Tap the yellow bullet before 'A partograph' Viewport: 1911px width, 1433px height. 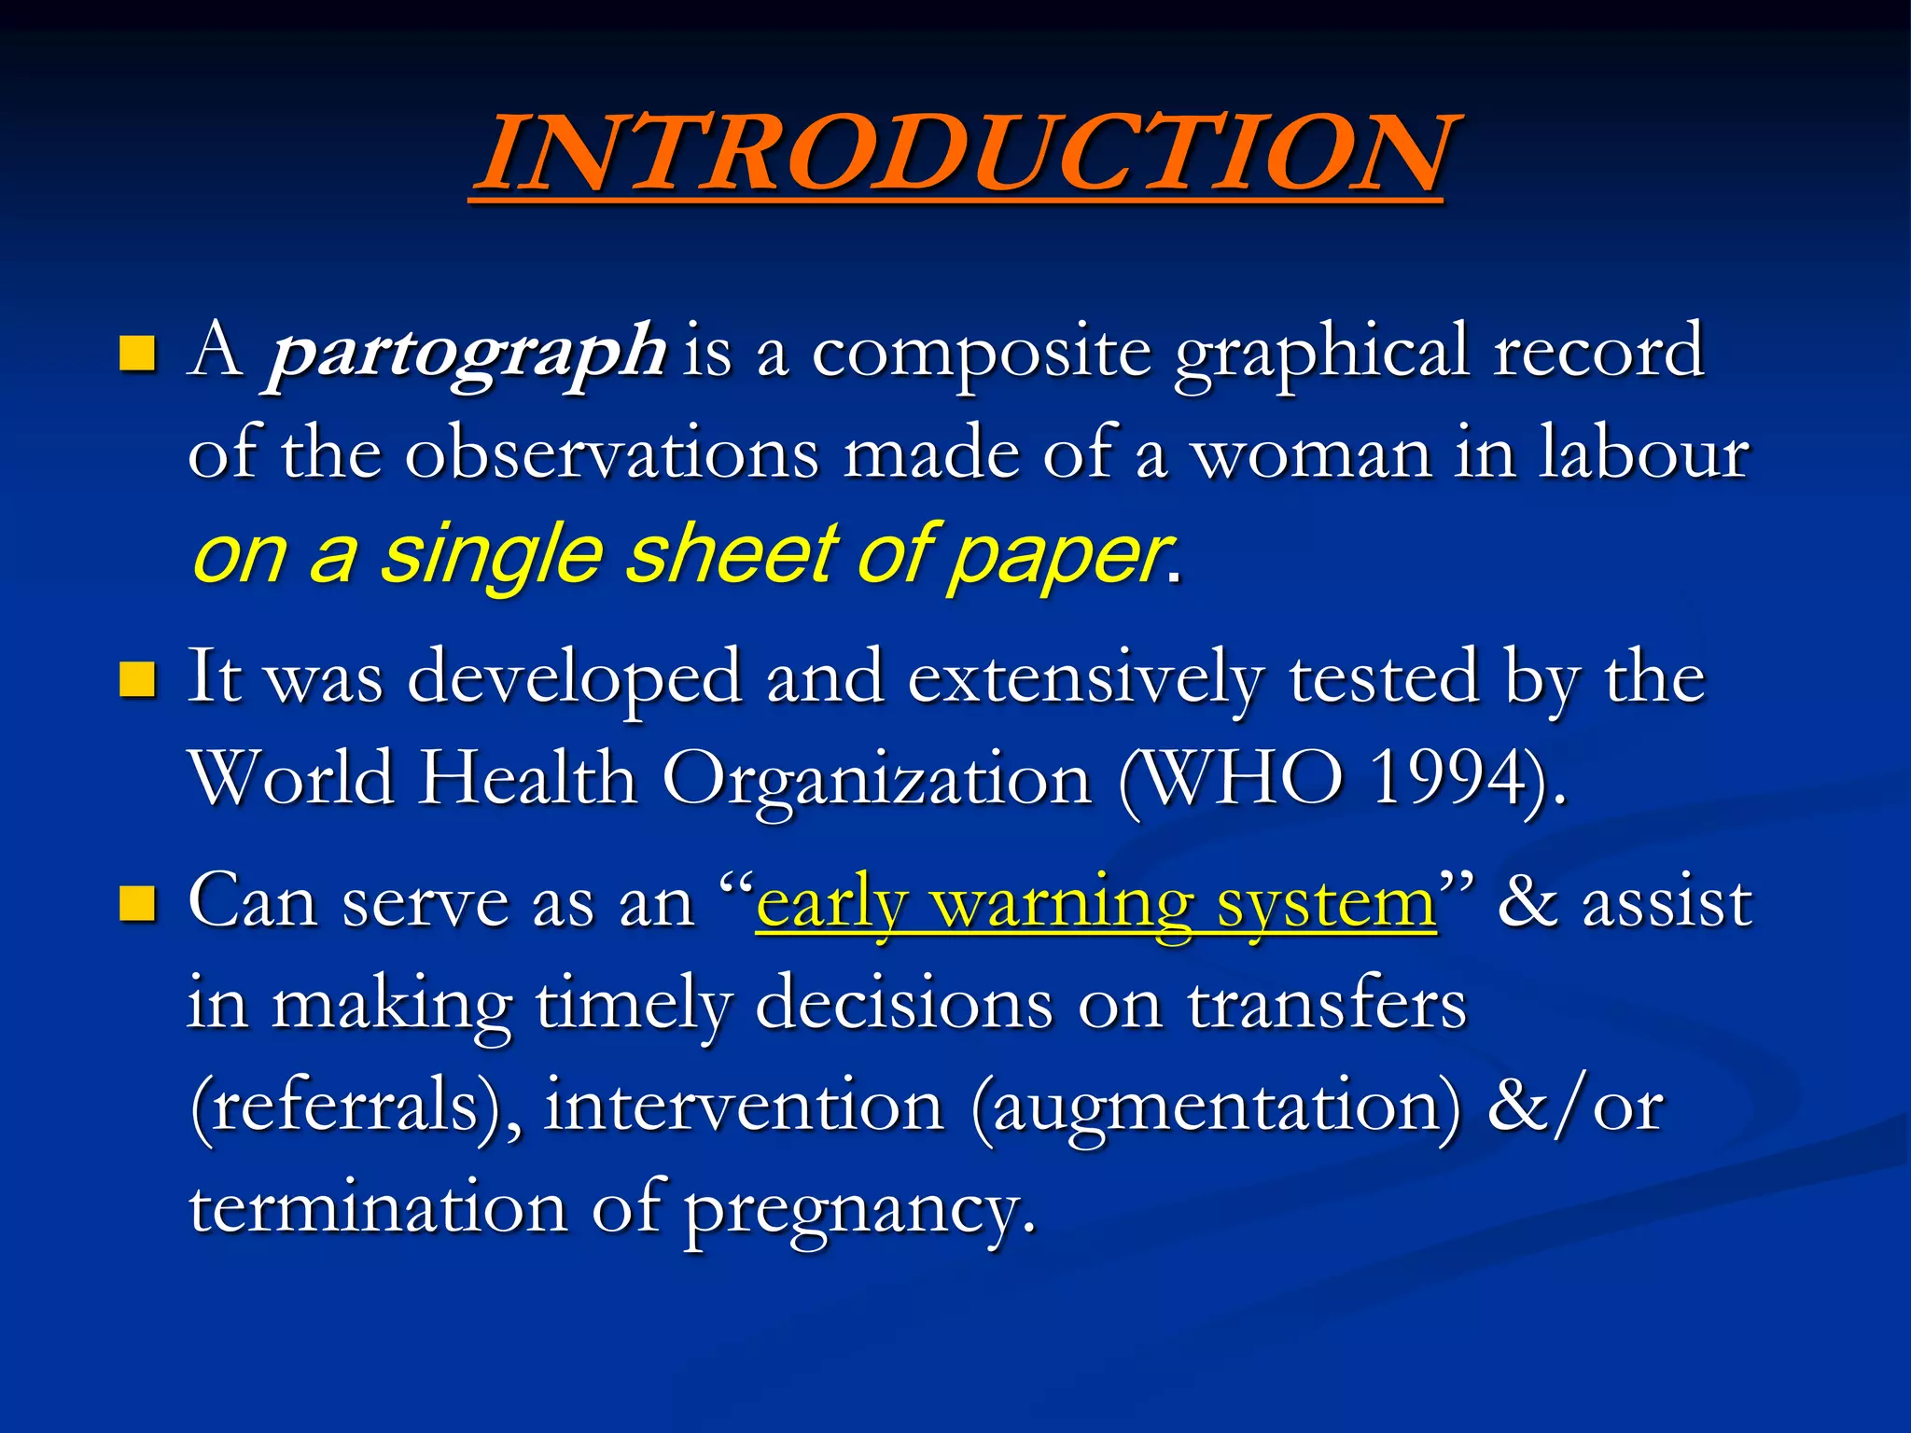(x=137, y=354)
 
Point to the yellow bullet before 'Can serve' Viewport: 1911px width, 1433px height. (x=137, y=903)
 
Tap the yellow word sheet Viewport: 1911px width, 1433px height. (x=732, y=555)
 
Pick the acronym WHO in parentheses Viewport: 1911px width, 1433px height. (x=1241, y=779)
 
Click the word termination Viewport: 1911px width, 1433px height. (x=378, y=1208)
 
